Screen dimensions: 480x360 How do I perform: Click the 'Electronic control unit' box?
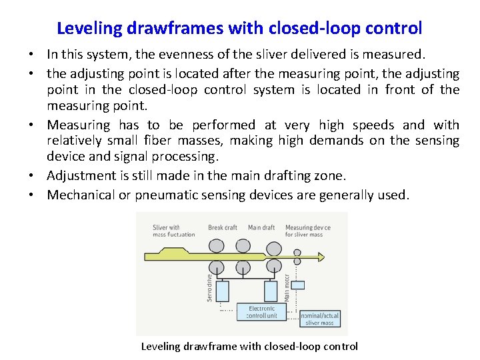[262, 312]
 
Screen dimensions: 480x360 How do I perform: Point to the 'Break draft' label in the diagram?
[223, 227]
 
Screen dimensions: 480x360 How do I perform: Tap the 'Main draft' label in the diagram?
[261, 227]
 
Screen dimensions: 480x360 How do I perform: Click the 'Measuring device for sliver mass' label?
[307, 231]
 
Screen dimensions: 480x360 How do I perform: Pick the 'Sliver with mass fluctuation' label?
[173, 231]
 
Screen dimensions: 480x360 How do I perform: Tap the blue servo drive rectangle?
[222, 291]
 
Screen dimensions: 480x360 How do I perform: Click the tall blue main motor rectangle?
[271, 291]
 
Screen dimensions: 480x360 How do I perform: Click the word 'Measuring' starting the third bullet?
[79, 125]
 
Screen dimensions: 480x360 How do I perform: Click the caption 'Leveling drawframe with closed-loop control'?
[249, 346]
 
